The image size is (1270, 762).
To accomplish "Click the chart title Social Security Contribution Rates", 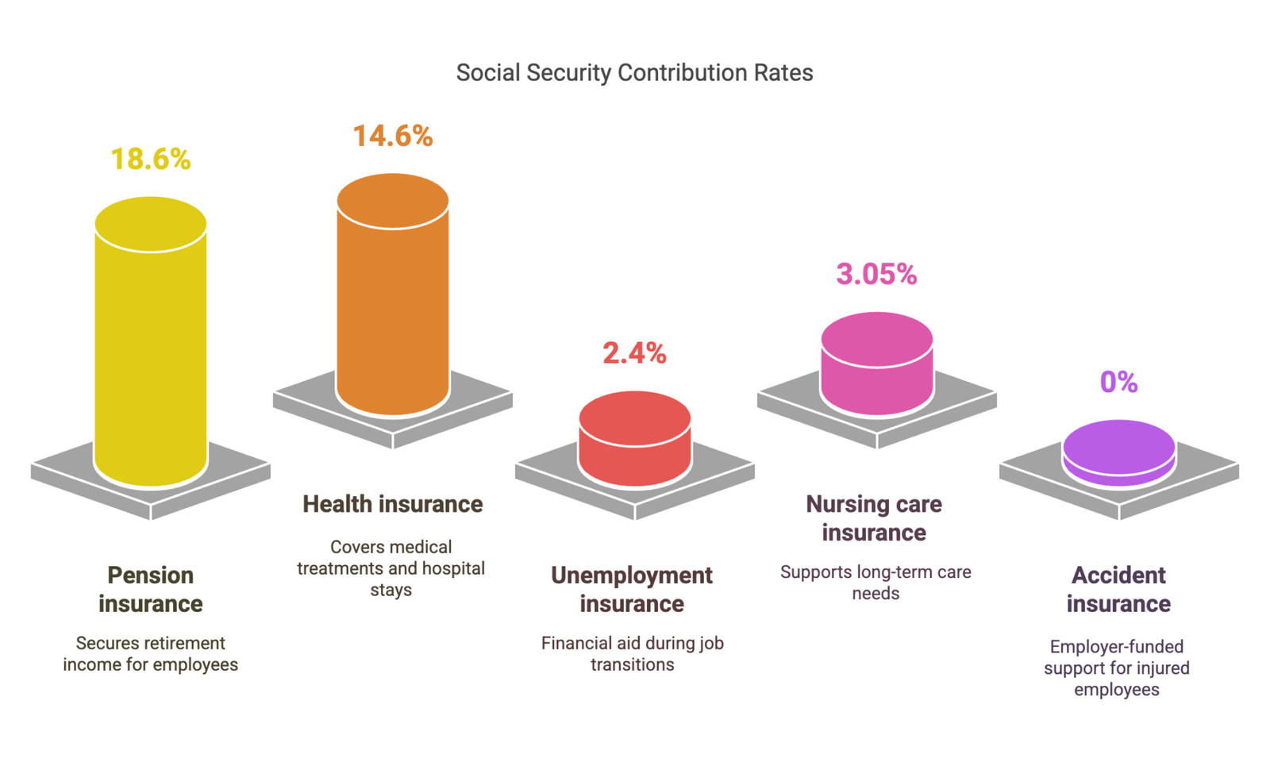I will [x=634, y=73].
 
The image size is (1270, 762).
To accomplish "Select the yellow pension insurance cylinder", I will [x=151, y=349].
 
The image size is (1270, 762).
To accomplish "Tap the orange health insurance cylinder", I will [x=393, y=302].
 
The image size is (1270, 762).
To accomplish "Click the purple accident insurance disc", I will [x=1119, y=452].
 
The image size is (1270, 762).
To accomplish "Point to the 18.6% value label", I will [x=151, y=160].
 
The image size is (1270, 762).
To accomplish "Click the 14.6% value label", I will [x=393, y=137].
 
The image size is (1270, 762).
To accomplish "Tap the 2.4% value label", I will [x=634, y=353].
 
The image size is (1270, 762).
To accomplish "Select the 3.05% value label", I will [x=876, y=275].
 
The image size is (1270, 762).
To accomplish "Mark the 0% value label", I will [x=1118, y=383].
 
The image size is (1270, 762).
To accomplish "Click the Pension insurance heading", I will [x=151, y=589].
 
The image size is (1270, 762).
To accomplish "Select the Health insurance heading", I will [x=393, y=504].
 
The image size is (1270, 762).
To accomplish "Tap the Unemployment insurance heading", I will [x=632, y=589].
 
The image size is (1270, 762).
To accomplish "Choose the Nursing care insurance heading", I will [x=874, y=518].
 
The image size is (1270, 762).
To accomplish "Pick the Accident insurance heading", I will [x=1118, y=589].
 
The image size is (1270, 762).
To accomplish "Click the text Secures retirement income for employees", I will [x=151, y=653].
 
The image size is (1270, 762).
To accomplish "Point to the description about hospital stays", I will [x=391, y=568].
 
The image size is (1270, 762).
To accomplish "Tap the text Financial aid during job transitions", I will [x=633, y=653].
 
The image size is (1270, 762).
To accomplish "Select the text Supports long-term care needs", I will [x=876, y=582].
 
